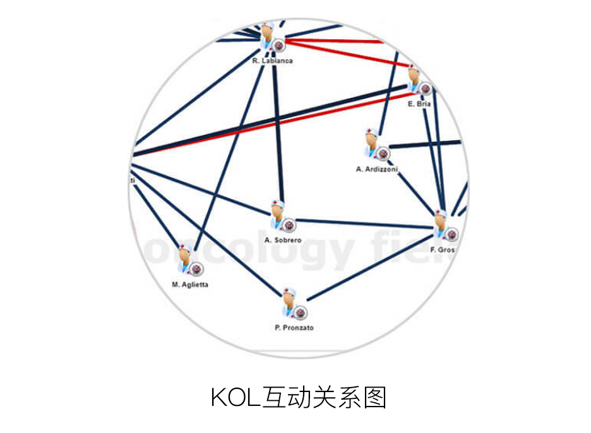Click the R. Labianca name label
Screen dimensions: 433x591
272,61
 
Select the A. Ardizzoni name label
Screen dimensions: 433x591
376,169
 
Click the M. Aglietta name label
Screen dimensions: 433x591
190,284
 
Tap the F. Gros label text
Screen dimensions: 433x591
443,250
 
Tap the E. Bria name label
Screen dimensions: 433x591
419,104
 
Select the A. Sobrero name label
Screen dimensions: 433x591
283,240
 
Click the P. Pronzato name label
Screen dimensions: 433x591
294,328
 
